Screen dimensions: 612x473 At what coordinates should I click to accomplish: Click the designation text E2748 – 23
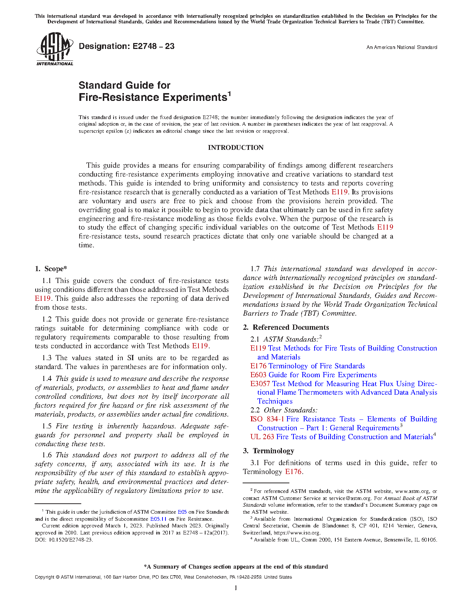127,46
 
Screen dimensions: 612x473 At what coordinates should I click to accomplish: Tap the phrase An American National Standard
401,47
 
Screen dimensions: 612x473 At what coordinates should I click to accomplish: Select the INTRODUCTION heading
236,148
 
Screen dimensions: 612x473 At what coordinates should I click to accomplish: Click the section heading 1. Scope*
51,269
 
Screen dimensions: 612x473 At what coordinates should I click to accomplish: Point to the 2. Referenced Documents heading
286,328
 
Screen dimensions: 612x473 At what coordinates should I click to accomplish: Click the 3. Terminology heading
268,451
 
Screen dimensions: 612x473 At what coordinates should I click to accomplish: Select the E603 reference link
258,375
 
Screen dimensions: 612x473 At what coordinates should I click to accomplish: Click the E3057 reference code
260,384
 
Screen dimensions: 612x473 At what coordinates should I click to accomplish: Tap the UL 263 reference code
262,437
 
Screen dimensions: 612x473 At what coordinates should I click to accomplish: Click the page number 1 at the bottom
236,588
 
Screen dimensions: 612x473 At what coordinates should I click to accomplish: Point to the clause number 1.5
47,426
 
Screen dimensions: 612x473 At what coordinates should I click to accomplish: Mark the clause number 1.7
255,269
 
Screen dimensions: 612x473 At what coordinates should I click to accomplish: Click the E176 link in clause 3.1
293,472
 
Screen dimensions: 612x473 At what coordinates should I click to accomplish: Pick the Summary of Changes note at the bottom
236,567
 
